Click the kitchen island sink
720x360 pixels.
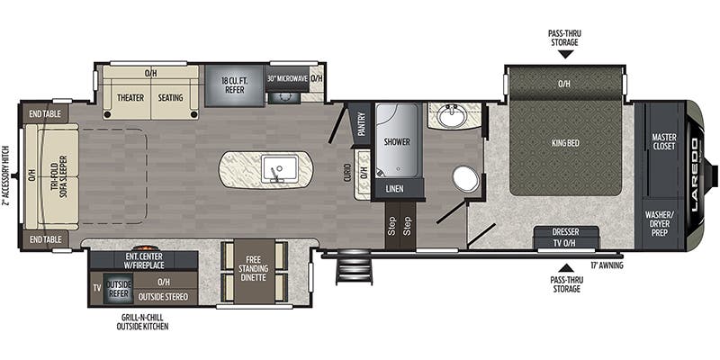click(x=280, y=168)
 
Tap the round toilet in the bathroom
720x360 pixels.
click(x=466, y=178)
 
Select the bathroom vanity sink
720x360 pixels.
click(x=452, y=115)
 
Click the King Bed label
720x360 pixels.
click(x=565, y=143)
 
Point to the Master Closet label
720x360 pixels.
click(x=663, y=141)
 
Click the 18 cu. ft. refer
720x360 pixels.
click(x=235, y=85)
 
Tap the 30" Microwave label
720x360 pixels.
click(x=287, y=78)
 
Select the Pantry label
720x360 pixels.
click(x=362, y=124)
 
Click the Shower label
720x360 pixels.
click(x=397, y=142)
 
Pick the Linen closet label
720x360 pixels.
click(x=395, y=189)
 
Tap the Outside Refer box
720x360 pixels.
click(x=119, y=288)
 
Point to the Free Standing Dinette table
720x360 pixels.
click(x=253, y=273)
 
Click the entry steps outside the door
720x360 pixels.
click(x=354, y=266)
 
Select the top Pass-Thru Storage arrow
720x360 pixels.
click(x=566, y=55)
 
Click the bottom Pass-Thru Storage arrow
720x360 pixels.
click(x=566, y=268)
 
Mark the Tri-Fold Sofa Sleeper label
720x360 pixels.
click(x=58, y=176)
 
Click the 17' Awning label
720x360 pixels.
click(x=607, y=265)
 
